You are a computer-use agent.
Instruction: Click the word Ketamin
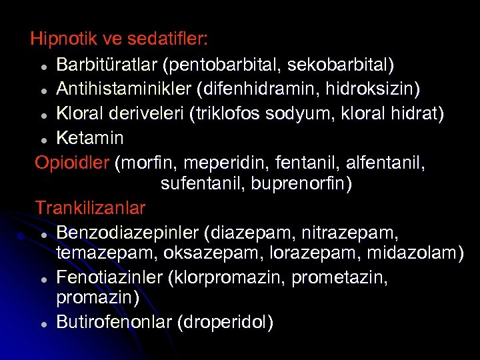pyautogui.click(x=90, y=138)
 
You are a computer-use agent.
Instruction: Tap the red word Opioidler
pyautogui.click(x=72, y=162)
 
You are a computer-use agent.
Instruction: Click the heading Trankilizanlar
pyautogui.click(x=90, y=207)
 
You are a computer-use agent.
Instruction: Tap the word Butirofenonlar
pyautogui.click(x=114, y=322)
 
